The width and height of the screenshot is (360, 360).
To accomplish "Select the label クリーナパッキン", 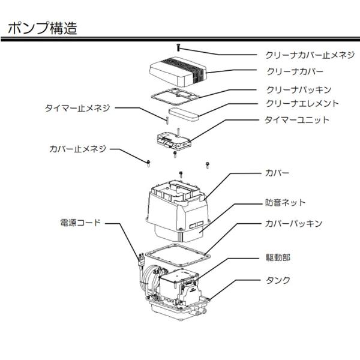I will [x=298, y=89].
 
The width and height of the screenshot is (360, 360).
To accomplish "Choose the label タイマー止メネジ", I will [x=78, y=109].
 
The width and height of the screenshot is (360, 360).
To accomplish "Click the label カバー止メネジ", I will [x=78, y=148].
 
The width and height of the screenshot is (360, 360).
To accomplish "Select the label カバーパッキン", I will [x=294, y=223].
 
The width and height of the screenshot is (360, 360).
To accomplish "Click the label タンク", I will [x=278, y=280].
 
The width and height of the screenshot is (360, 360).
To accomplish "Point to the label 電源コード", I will [x=81, y=222].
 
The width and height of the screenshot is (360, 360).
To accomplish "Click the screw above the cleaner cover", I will [x=178, y=46].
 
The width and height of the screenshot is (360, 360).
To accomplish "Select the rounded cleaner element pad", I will [x=188, y=112].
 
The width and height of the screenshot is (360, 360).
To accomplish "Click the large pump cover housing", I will [x=178, y=207].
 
